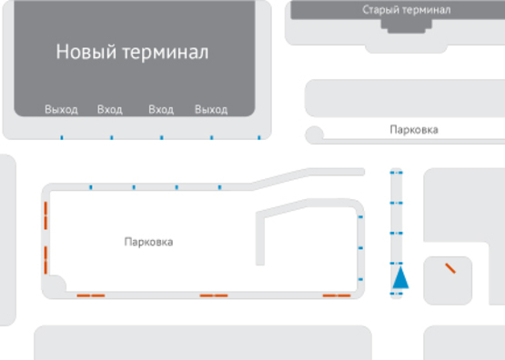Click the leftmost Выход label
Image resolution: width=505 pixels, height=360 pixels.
click(x=62, y=110)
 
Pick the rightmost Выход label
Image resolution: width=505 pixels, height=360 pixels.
click(x=211, y=110)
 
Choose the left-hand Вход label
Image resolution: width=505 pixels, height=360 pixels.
click(x=110, y=110)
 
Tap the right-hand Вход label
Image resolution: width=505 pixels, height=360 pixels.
click(x=161, y=110)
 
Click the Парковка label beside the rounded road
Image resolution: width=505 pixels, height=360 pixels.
click(x=413, y=130)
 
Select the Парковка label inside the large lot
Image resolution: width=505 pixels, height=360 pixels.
click(x=148, y=243)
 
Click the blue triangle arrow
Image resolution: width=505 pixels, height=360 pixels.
click(x=399, y=276)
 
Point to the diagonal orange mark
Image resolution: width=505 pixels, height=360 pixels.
click(x=449, y=268)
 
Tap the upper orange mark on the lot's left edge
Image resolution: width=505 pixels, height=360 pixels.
click(x=45, y=217)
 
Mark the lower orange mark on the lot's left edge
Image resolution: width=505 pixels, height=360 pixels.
click(x=45, y=258)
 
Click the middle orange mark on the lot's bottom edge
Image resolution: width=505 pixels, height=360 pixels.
click(x=214, y=295)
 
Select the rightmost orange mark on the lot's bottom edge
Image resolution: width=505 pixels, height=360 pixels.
click(x=337, y=295)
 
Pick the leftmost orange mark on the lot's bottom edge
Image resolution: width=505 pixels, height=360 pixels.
click(x=90, y=295)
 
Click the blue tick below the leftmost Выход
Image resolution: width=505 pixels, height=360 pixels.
click(x=62, y=138)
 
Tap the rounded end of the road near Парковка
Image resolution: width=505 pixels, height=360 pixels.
click(x=315, y=135)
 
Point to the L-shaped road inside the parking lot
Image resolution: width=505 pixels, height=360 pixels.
click(x=264, y=238)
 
